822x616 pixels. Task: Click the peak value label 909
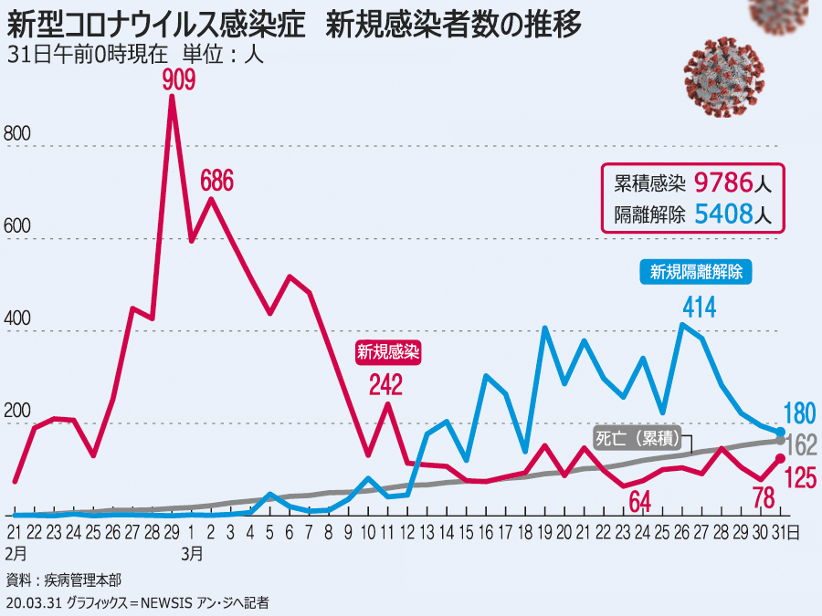[x=179, y=81]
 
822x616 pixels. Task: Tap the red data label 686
[x=216, y=180]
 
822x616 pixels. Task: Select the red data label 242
[x=385, y=385]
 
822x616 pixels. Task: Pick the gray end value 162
[x=802, y=445]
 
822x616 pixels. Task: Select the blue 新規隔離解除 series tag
[x=696, y=271]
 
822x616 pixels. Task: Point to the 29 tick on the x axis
[x=172, y=531]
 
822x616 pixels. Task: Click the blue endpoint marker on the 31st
[x=780, y=432]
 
